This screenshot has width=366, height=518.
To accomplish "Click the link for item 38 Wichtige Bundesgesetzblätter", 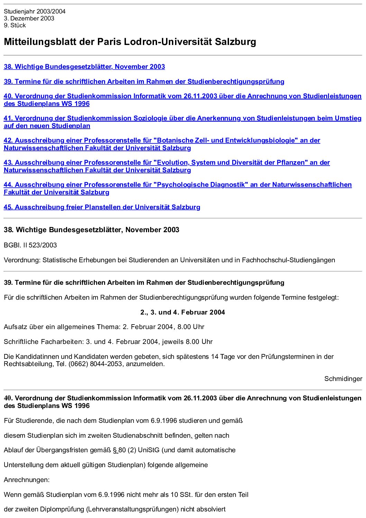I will coord(84,67).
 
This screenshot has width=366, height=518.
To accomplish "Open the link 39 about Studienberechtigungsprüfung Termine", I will coord(144,82).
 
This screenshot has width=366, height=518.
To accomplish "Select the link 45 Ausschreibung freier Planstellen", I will coord(102,207).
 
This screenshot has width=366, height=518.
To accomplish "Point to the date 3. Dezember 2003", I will coord(29,18).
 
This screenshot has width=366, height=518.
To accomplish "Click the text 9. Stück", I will coord(15,25).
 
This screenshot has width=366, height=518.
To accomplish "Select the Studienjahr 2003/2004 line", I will coord(35,11).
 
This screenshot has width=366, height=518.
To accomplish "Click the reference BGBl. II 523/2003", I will coord(30,245).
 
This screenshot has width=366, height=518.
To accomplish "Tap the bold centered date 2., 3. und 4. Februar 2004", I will coord(183,312).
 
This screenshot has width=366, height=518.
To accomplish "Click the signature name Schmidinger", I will coord(343,379).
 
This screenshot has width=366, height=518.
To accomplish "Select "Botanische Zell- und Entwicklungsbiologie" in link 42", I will coord(225,140).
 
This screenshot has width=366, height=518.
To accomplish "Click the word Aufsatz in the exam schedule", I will coord(15,327).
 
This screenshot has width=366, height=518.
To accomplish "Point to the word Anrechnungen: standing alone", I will coord(27,480).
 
